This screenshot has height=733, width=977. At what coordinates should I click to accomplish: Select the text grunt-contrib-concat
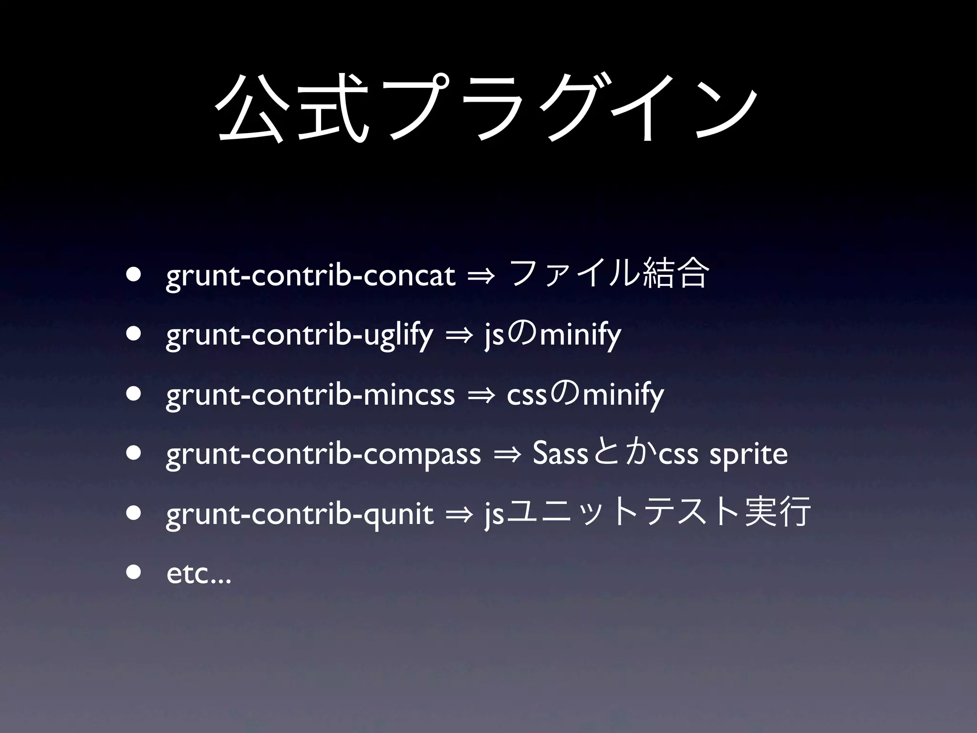[x=311, y=276]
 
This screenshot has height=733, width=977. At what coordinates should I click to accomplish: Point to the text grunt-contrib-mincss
[x=311, y=395]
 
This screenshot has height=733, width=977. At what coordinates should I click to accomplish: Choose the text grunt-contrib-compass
[x=323, y=454]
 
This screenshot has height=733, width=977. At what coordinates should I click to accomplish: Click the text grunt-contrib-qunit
[x=300, y=514]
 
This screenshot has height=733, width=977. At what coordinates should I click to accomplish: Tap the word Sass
[x=560, y=454]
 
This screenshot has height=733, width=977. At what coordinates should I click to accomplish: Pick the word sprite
[x=748, y=455]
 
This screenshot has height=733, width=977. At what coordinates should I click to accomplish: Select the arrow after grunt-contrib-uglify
[x=459, y=337]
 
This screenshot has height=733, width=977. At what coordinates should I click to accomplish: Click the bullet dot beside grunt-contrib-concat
[x=134, y=275]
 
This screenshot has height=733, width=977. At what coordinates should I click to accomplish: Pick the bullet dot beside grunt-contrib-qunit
[x=134, y=513]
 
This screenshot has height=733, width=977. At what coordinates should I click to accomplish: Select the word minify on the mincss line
[x=623, y=395]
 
